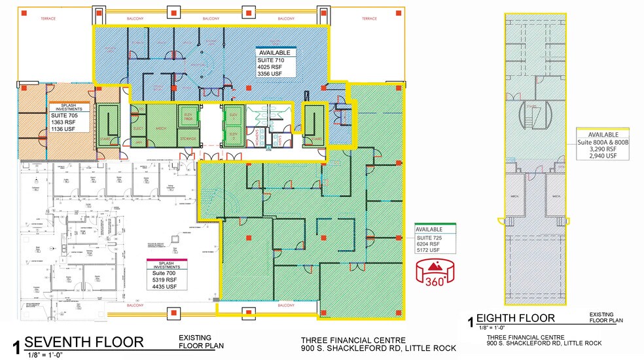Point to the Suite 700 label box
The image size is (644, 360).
tap(166, 275)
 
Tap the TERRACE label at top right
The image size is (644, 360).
tap(370, 19)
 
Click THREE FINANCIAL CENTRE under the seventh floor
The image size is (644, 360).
tap(353, 340)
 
